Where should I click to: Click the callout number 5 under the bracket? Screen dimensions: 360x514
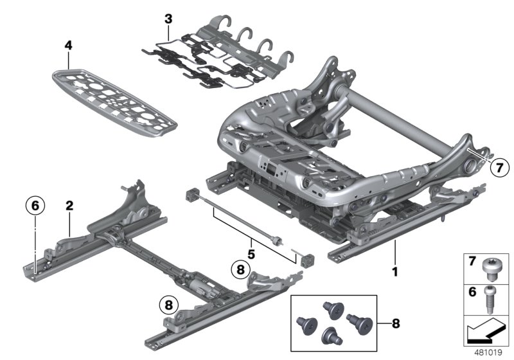(251, 255)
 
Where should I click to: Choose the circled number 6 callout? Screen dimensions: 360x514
(35, 206)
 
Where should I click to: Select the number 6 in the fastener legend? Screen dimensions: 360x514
(472, 291)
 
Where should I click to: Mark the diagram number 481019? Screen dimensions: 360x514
(488, 352)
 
